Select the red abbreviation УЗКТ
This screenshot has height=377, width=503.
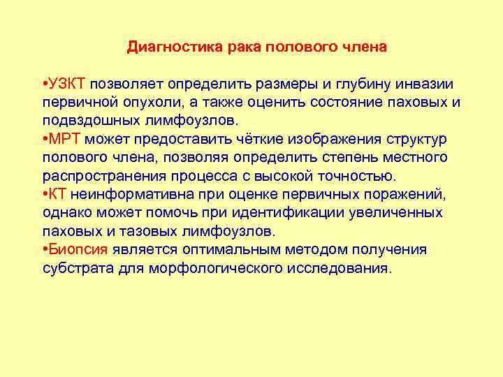[x=67, y=84]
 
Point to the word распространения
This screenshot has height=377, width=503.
[x=101, y=175]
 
